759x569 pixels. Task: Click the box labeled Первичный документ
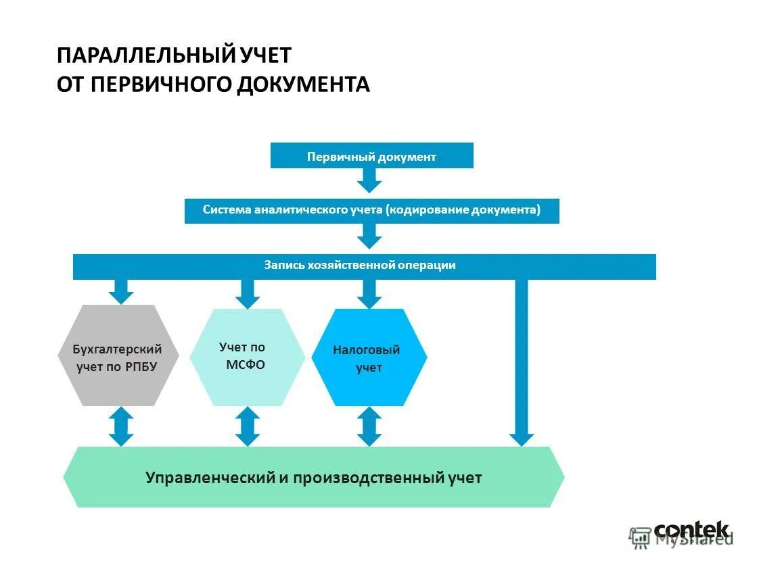[371, 156]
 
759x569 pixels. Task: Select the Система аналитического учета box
[371, 210]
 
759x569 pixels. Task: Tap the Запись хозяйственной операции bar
[364, 266]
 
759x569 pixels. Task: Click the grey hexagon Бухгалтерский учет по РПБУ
[118, 355]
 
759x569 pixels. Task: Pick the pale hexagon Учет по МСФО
[247, 357]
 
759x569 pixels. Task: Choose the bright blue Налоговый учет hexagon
[369, 357]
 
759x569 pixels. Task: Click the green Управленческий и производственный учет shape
[313, 477]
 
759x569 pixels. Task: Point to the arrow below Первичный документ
[369, 180]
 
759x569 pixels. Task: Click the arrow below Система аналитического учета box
[369, 235]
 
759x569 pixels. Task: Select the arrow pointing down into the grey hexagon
[122, 291]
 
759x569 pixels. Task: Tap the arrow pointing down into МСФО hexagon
[248, 293]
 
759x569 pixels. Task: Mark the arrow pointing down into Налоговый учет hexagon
[369, 293]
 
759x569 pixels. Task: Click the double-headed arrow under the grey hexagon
[122, 426]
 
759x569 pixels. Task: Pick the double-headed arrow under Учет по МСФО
[248, 426]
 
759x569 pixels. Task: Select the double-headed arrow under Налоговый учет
[369, 426]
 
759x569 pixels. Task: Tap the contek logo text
[691, 530]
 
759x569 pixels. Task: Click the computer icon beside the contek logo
[639, 537]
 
